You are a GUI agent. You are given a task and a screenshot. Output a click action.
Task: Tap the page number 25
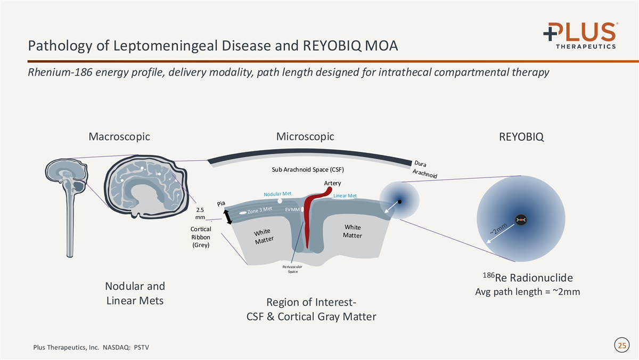tap(621, 346)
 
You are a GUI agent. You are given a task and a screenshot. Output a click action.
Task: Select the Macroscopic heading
tap(119, 137)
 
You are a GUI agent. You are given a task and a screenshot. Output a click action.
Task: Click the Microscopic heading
tap(305, 136)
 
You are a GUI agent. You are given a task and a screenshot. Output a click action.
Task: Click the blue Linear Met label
tap(345, 196)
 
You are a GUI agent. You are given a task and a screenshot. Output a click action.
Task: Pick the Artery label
tap(332, 184)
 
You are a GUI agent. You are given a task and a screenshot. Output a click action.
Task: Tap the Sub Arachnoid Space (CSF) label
tap(308, 170)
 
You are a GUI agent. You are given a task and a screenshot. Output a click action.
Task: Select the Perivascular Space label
tap(292, 269)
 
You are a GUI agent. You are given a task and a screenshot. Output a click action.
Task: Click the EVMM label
tap(292, 210)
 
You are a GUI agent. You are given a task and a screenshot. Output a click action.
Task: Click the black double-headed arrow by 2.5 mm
tap(228, 217)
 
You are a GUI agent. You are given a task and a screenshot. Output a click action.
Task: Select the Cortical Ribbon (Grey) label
tap(201, 237)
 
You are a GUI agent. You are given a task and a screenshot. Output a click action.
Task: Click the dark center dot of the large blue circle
tap(521, 219)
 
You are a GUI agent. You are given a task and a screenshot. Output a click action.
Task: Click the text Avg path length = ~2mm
tap(527, 292)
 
